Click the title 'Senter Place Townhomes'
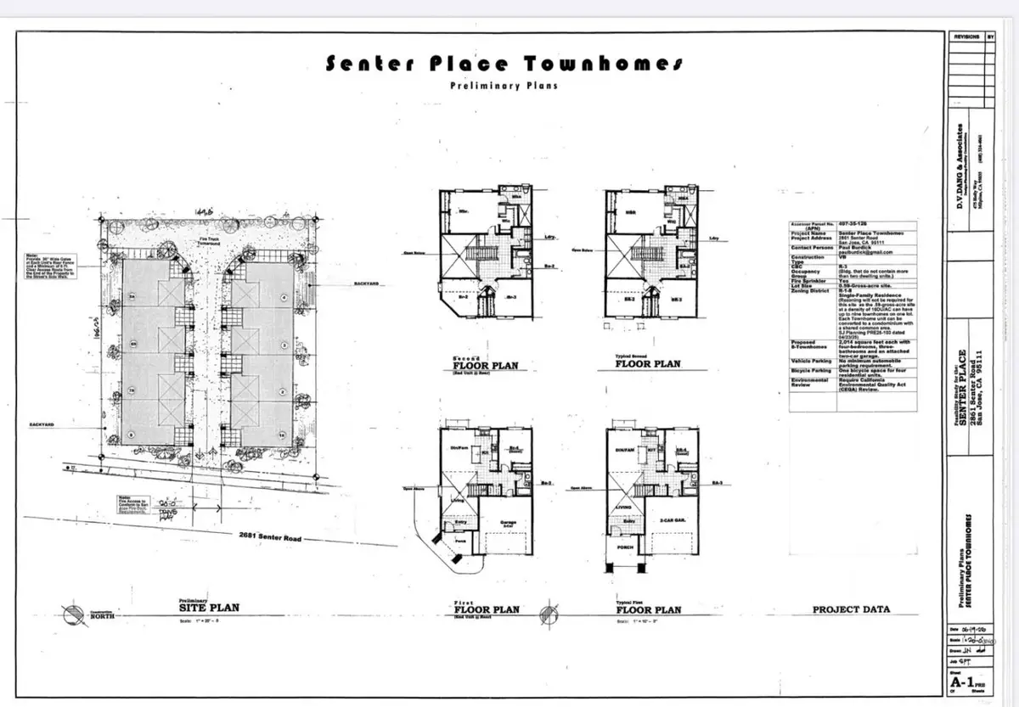pyautogui.click(x=504, y=65)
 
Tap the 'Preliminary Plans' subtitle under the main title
pyautogui.click(x=504, y=87)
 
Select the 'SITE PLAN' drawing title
pyautogui.click(x=208, y=608)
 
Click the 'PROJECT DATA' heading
pyautogui.click(x=852, y=609)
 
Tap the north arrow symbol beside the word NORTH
pyautogui.click(x=73, y=612)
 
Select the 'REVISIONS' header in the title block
pyautogui.click(x=966, y=37)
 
